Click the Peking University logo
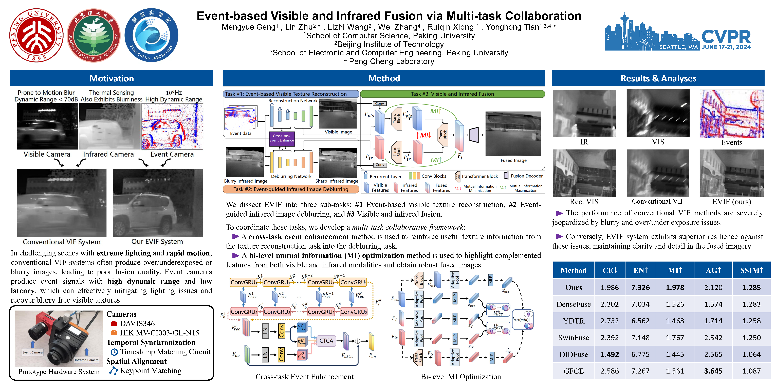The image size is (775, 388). pos(36,35)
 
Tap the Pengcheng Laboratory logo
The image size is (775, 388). pos(151,35)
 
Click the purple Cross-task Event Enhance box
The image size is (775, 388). pos(282,138)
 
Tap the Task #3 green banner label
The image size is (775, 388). pos(452,94)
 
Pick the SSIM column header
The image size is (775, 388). pos(751,270)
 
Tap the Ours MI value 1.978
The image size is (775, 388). pos(675,287)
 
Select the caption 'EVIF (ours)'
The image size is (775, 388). pos(731,202)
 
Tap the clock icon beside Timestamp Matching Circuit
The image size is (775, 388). pos(114,352)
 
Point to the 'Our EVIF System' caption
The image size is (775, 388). pos(157,242)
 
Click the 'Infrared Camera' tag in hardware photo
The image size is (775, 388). pos(87,360)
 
